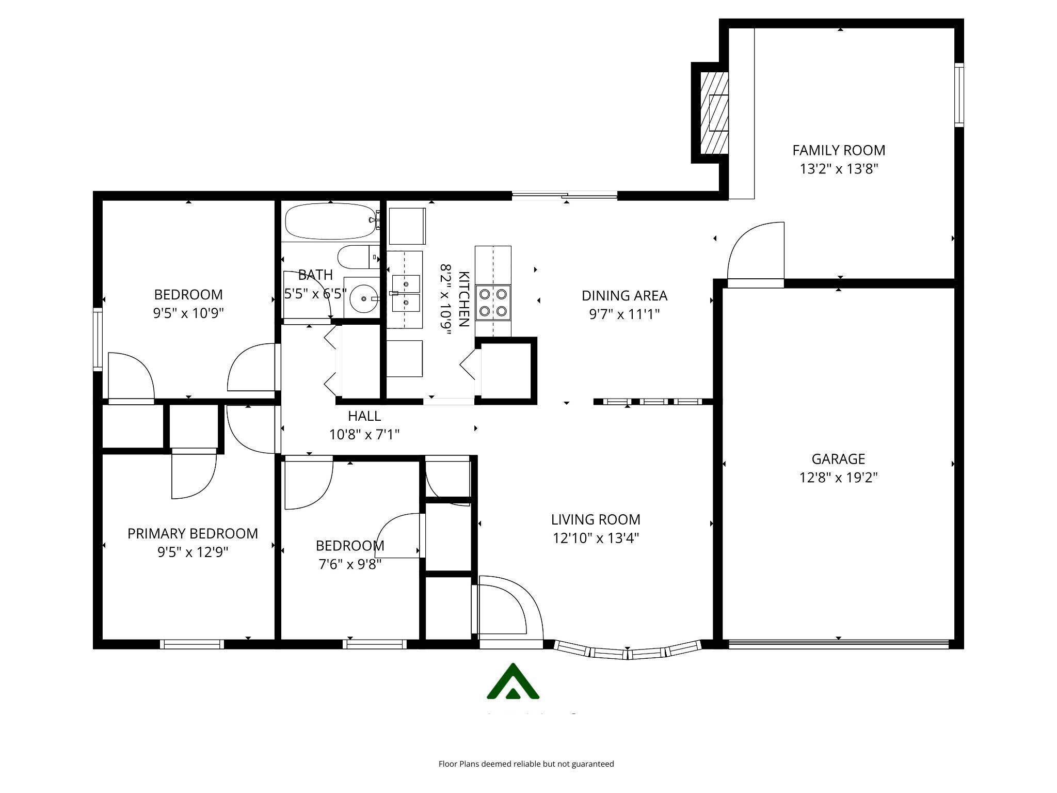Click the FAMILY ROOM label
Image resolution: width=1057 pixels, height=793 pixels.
pyautogui.click(x=839, y=150)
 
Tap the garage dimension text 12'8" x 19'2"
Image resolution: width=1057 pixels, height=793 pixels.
pyautogui.click(x=838, y=478)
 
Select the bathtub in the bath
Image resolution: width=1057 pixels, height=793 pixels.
pyautogui.click(x=331, y=221)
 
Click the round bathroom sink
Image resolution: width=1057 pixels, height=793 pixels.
pyautogui.click(x=363, y=298)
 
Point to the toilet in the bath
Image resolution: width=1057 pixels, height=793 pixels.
pyautogui.click(x=356, y=257)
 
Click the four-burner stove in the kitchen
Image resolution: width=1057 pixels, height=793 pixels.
pyautogui.click(x=493, y=303)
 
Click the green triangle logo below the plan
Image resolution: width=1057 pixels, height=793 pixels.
pyautogui.click(x=513, y=683)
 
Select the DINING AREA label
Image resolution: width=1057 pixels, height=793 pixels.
pyautogui.click(x=624, y=296)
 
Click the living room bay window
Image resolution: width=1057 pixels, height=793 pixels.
pyautogui.click(x=628, y=653)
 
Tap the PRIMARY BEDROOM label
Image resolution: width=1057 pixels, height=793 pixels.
pyautogui.click(x=193, y=533)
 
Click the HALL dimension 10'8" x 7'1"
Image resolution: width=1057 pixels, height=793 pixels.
pyautogui.click(x=364, y=435)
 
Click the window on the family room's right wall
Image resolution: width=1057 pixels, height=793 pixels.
pyautogui.click(x=958, y=94)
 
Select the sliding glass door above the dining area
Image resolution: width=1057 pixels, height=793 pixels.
pyautogui.click(x=565, y=195)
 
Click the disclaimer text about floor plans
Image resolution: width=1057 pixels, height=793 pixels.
pyautogui.click(x=526, y=764)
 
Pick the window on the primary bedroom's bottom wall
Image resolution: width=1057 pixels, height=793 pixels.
pyautogui.click(x=192, y=644)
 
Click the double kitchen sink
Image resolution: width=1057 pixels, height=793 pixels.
pyautogui.click(x=406, y=293)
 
